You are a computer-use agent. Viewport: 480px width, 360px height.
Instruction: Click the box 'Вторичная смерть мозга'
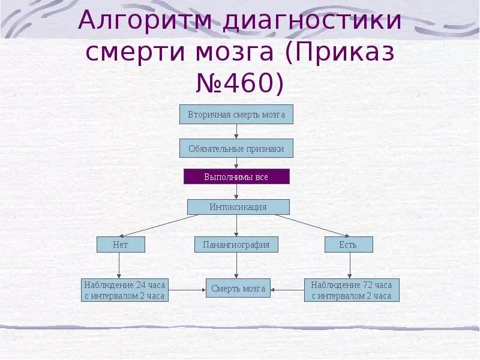click(236, 114)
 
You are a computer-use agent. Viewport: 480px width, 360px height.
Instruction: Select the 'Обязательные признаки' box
click(236, 148)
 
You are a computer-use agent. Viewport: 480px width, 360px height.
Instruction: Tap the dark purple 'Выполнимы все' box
click(236, 176)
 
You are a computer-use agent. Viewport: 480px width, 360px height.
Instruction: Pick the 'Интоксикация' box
click(238, 207)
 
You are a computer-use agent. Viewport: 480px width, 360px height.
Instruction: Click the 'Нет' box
click(121, 244)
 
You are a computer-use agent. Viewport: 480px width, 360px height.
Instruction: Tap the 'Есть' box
click(349, 244)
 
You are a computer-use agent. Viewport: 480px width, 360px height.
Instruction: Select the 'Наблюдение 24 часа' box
click(125, 290)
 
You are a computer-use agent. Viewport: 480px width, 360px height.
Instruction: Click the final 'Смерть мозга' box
click(238, 288)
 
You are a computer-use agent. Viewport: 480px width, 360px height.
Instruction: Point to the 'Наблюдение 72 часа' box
click(352, 290)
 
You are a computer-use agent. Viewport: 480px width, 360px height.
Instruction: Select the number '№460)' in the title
click(240, 83)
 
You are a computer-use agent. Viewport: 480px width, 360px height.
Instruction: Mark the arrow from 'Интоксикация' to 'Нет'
click(159, 226)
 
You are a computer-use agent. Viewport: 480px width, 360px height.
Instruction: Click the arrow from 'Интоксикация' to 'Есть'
click(312, 226)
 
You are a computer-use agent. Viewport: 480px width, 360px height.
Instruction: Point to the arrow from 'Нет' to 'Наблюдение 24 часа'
click(119, 265)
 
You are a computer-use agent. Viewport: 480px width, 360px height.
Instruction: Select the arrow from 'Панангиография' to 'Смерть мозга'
click(237, 265)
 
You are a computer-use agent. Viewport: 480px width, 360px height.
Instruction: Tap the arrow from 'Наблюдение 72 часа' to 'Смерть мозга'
click(287, 290)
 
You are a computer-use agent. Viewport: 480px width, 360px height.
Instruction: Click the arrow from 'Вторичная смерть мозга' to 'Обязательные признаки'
click(237, 131)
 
